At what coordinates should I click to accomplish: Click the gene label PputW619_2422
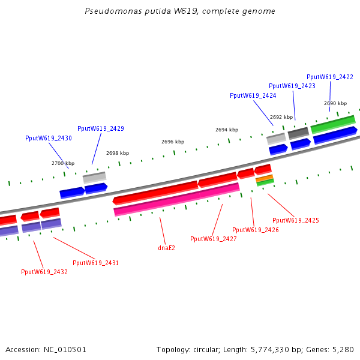pyautogui.click(x=329, y=77)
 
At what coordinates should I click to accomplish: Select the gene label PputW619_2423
pyautogui.click(x=292, y=86)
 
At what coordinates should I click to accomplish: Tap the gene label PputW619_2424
pyautogui.click(x=253, y=95)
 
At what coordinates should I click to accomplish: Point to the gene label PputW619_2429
pyautogui.click(x=101, y=128)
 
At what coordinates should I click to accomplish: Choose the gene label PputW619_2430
pyautogui.click(x=48, y=138)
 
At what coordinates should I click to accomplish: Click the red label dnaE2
pyautogui.click(x=166, y=247)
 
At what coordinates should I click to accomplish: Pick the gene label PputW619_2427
pyautogui.click(x=213, y=239)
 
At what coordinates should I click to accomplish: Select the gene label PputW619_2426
pyautogui.click(x=255, y=230)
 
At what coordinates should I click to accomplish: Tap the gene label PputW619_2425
pyautogui.click(x=295, y=220)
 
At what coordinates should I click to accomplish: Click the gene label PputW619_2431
pyautogui.click(x=95, y=263)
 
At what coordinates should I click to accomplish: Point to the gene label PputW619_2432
pyautogui.click(x=44, y=272)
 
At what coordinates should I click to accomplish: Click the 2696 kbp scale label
pyautogui.click(x=172, y=142)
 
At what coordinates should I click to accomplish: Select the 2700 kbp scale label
pyautogui.click(x=62, y=163)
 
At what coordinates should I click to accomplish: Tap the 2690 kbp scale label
pyautogui.click(x=335, y=103)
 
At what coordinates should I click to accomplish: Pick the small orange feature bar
pyautogui.click(x=265, y=178)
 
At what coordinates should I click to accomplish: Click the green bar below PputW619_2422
pyautogui.click(x=332, y=124)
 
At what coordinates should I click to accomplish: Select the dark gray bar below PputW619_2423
pyautogui.click(x=298, y=133)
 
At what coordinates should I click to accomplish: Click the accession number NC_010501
pyautogui.click(x=65, y=349)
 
